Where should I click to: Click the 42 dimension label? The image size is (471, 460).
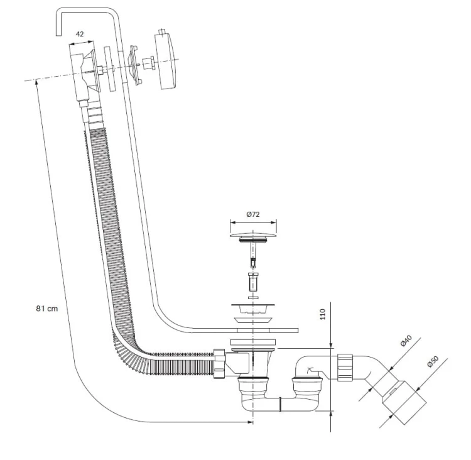[x=80, y=34]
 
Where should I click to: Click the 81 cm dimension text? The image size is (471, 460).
[x=47, y=309]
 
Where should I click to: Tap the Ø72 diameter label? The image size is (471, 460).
[x=253, y=214]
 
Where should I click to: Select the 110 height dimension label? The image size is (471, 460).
[x=323, y=314]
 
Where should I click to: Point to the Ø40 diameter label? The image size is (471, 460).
[x=406, y=341]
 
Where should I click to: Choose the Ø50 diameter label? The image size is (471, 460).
[x=433, y=361]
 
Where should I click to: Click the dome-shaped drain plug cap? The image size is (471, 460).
[x=253, y=234]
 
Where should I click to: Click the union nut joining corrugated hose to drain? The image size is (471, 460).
[x=219, y=364]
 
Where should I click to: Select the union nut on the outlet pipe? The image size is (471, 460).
[x=345, y=368]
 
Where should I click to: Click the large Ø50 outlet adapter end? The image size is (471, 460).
[x=404, y=402]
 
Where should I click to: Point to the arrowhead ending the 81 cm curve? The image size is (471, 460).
[x=250, y=422]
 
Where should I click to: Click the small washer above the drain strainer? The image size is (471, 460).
[x=253, y=298]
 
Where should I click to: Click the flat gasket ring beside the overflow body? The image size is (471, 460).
[x=111, y=68]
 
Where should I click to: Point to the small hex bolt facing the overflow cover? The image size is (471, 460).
[x=148, y=63]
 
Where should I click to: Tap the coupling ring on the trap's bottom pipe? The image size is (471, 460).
[x=280, y=404]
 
